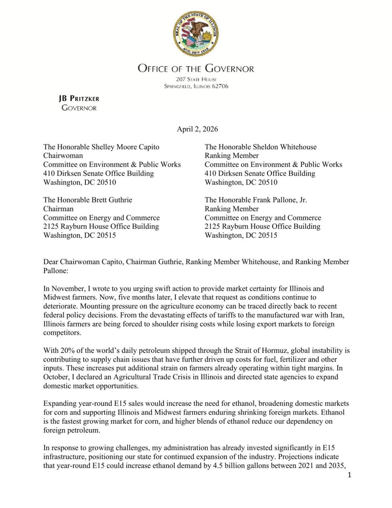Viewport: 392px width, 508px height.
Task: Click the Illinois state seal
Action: (x=196, y=33)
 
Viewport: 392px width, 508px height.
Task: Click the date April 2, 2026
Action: (x=197, y=129)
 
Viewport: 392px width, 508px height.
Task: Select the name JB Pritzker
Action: (x=79, y=98)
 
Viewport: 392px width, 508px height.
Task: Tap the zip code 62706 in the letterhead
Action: (x=220, y=86)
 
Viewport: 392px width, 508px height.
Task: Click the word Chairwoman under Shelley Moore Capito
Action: (x=63, y=156)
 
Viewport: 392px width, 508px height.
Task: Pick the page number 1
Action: (x=350, y=475)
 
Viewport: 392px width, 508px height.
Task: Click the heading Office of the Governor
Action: (x=196, y=68)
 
